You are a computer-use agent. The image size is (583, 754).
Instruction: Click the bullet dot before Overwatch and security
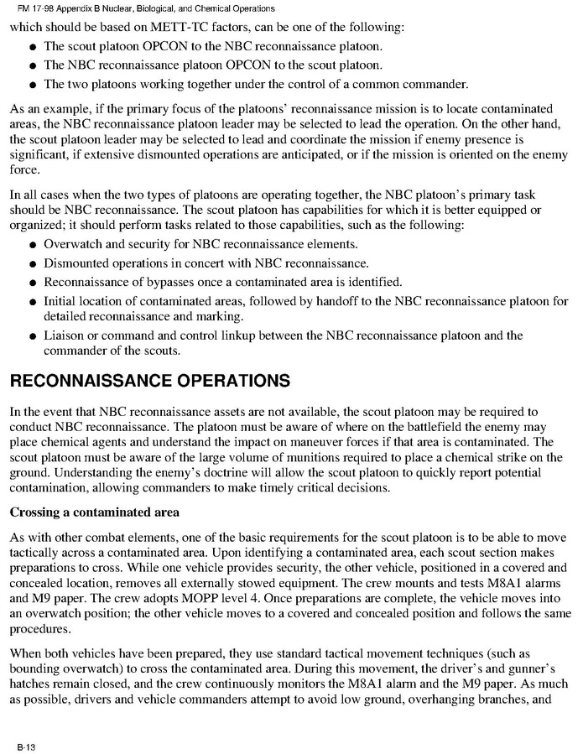click(32, 245)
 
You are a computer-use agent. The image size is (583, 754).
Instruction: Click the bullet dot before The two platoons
click(32, 84)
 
